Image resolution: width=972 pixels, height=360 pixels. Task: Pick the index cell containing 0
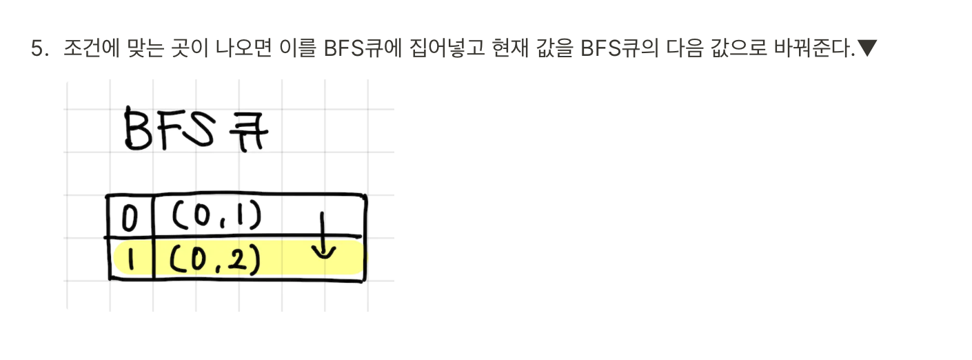point(129,219)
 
